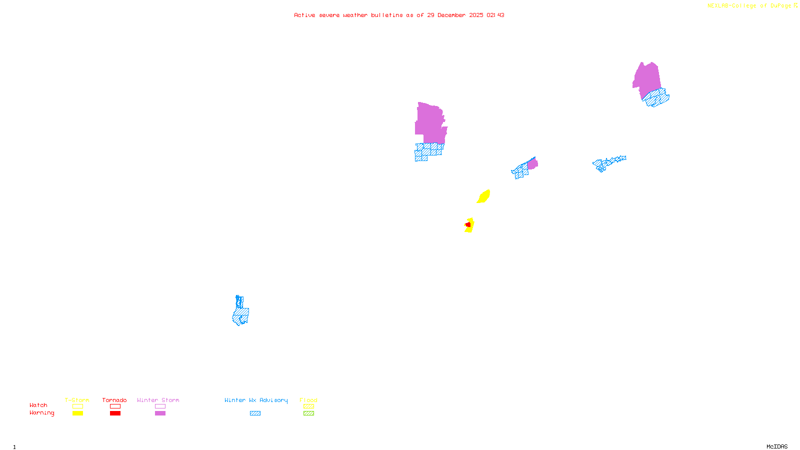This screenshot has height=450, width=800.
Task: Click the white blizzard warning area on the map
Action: tap(448, 120)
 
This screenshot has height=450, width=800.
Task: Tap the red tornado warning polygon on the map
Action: tap(468, 225)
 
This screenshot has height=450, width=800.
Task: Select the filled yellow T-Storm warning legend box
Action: tap(77, 413)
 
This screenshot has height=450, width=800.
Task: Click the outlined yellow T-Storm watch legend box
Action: tap(77, 406)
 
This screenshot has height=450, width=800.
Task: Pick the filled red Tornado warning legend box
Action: tap(115, 413)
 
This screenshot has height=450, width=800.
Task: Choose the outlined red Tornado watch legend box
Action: tap(115, 406)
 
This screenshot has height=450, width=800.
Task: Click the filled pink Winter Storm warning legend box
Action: tap(160, 413)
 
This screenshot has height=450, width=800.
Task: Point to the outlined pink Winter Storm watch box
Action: tap(160, 406)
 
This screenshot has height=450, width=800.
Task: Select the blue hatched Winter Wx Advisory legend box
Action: tap(255, 413)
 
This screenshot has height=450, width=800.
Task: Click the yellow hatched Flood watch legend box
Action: tap(308, 406)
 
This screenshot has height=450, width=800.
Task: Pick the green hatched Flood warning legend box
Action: tap(308, 413)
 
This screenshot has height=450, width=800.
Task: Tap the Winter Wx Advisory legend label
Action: tap(256, 400)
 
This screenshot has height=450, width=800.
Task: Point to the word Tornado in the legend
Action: tap(114, 400)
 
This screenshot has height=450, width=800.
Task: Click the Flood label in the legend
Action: tap(308, 400)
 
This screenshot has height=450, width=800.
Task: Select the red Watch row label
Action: tap(38, 405)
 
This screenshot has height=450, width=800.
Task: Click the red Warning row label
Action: tap(42, 413)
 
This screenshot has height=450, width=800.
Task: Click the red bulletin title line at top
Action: tap(399, 15)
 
